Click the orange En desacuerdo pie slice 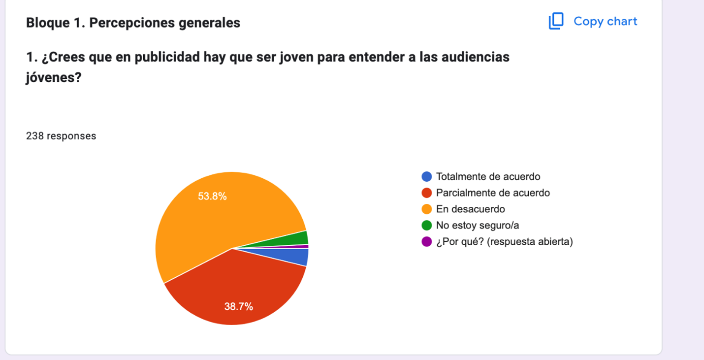pos(207,222)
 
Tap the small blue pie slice pos(298,257)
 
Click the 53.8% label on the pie pos(212,196)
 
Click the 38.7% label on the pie pos(238,307)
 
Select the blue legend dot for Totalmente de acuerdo pos(427,177)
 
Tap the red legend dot pos(427,193)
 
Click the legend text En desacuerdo pos(470,209)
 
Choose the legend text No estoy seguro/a pos(477,226)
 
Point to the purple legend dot pos(427,242)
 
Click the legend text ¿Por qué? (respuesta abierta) pos(504,242)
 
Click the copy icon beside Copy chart pos(556,21)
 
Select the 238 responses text pos(61,136)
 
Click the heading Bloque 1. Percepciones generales pos(133,23)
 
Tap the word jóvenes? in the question pos(53,77)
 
